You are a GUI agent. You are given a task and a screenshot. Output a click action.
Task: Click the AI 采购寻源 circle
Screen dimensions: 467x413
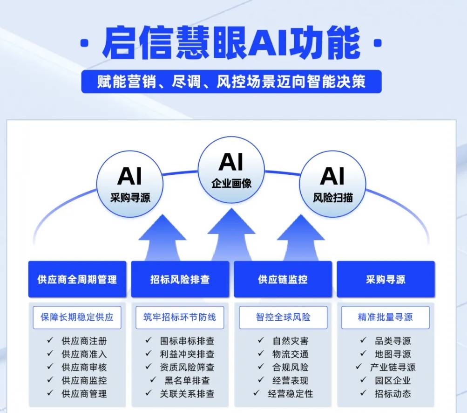point(130,184)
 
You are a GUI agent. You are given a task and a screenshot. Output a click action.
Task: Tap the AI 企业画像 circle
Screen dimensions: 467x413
point(231,170)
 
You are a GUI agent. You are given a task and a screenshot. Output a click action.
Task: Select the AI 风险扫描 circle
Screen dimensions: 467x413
point(333,184)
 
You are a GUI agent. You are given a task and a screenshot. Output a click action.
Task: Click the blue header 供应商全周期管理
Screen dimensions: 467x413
point(77,279)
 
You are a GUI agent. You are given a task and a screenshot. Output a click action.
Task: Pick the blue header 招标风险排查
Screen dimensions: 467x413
point(180,279)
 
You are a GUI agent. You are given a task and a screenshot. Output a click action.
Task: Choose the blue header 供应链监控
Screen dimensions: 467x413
point(283,279)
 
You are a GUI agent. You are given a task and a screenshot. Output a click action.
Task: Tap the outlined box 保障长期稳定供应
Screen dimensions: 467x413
point(77,317)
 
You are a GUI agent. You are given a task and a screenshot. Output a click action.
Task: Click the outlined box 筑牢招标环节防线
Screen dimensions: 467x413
point(180,317)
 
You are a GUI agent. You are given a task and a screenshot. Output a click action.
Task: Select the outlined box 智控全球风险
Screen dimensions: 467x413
point(283,317)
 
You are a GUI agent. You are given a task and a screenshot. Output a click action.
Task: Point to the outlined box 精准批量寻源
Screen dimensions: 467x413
point(386,317)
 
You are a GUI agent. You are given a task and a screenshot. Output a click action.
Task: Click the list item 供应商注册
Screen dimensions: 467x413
point(84,341)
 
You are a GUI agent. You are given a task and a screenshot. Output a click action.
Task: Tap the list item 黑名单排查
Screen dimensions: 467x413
point(187,380)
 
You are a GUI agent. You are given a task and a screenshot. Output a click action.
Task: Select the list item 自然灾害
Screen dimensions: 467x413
point(291,341)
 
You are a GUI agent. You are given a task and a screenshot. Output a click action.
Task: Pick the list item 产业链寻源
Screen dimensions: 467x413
point(393,367)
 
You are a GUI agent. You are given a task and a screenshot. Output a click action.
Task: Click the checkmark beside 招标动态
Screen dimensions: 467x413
point(363,393)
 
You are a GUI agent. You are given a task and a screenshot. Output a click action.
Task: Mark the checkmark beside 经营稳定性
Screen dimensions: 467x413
point(257,393)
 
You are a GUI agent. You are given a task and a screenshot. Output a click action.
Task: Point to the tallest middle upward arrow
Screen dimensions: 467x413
point(231,234)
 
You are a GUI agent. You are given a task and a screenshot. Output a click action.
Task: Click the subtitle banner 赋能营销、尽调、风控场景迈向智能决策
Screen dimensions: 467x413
point(231,82)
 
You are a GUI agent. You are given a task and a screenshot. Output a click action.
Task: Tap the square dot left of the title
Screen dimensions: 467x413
point(85,43)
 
